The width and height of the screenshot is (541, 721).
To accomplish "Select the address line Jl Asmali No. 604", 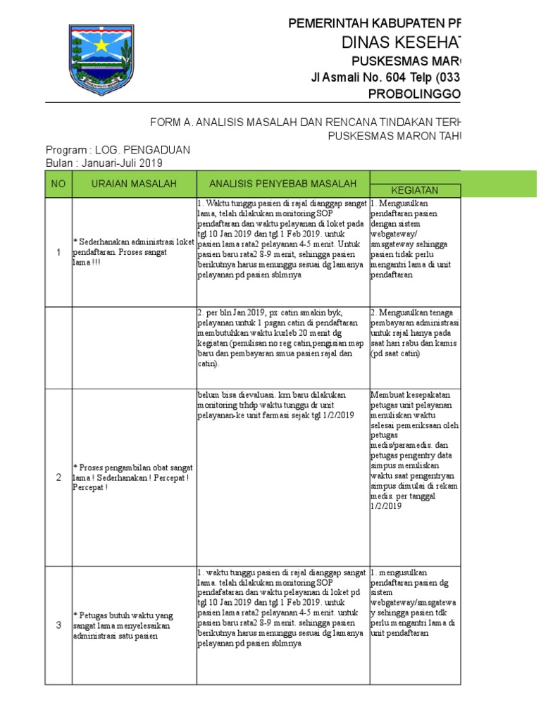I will pyautogui.click(x=387, y=77).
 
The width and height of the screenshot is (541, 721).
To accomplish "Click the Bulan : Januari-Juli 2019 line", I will pyautogui.click(x=104, y=163).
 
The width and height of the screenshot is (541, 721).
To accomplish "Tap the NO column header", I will pyautogui.click(x=58, y=184).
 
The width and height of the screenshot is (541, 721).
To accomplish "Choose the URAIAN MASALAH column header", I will pyautogui.click(x=133, y=184).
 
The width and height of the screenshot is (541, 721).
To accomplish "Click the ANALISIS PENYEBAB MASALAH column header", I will pyautogui.click(x=282, y=184).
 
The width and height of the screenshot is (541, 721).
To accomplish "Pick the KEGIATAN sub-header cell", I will pyautogui.click(x=415, y=190).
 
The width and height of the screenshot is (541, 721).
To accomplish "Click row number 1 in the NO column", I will pyautogui.click(x=58, y=251).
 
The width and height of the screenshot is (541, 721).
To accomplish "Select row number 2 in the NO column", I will pyautogui.click(x=58, y=477).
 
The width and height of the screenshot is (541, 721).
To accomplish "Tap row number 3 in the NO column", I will pyautogui.click(x=58, y=625).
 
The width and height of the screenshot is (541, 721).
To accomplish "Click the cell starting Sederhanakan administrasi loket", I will pyautogui.click(x=133, y=251).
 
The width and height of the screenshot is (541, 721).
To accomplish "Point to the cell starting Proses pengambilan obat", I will pyautogui.click(x=133, y=477).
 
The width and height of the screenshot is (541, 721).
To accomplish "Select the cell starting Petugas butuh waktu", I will pyautogui.click(x=133, y=625).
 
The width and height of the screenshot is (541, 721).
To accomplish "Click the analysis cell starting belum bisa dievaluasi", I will pyautogui.click(x=282, y=406).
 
